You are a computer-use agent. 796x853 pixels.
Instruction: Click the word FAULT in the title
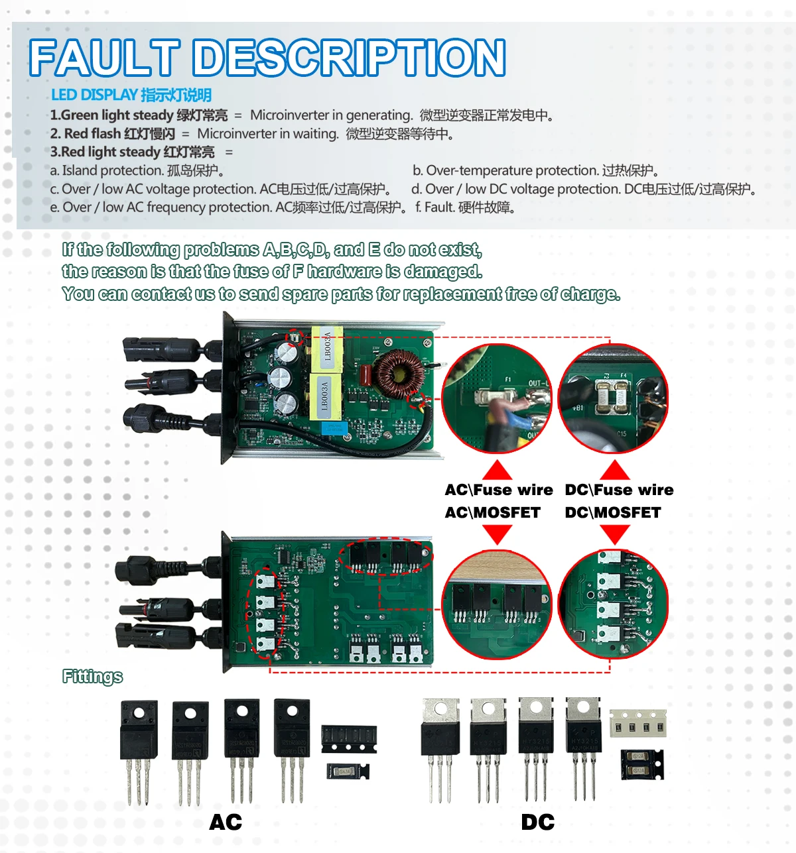click(x=105, y=58)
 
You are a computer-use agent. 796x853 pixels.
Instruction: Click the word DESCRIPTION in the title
click(x=350, y=58)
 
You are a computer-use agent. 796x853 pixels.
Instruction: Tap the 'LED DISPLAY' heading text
click(x=94, y=95)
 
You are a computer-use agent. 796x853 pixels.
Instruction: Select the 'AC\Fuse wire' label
click(x=499, y=490)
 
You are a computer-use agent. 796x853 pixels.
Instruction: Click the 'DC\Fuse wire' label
click(x=619, y=490)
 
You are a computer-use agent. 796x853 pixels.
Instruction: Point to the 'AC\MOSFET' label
click(x=492, y=512)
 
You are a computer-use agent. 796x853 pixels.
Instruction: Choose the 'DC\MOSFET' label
click(x=613, y=512)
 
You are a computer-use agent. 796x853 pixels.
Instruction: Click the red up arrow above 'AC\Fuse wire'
click(x=497, y=470)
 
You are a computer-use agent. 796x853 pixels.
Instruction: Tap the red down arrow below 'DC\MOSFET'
click(x=614, y=534)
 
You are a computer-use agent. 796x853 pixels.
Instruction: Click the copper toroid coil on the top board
click(x=398, y=373)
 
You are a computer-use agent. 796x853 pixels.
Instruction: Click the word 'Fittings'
click(x=92, y=676)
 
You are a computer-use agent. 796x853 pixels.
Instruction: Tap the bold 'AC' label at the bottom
click(x=226, y=823)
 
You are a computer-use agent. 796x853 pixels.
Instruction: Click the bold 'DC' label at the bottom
click(x=537, y=823)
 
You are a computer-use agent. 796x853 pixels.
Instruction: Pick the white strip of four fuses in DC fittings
click(x=637, y=724)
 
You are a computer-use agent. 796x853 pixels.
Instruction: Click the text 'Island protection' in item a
click(x=112, y=171)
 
